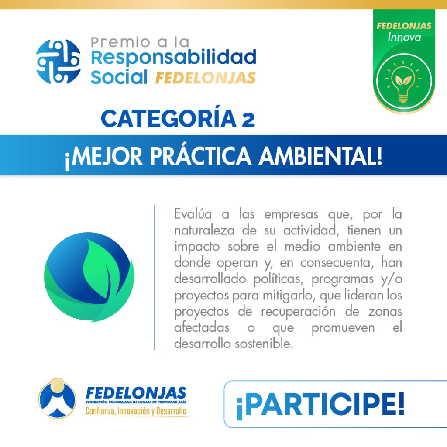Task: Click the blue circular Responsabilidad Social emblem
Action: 58,62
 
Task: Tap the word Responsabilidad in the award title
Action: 174,58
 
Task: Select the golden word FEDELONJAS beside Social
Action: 205,78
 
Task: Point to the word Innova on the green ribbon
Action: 404,38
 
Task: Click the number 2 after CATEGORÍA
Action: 248,120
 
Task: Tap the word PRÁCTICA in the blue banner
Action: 200,156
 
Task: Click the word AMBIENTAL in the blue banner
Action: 320,156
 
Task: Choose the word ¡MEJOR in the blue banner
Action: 103,157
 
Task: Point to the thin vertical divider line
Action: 155,277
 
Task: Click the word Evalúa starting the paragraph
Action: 193,214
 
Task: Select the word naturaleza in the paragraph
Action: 204,230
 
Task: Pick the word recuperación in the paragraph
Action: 298,312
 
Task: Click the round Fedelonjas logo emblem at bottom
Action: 57,398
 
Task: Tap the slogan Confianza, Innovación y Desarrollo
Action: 136,411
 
